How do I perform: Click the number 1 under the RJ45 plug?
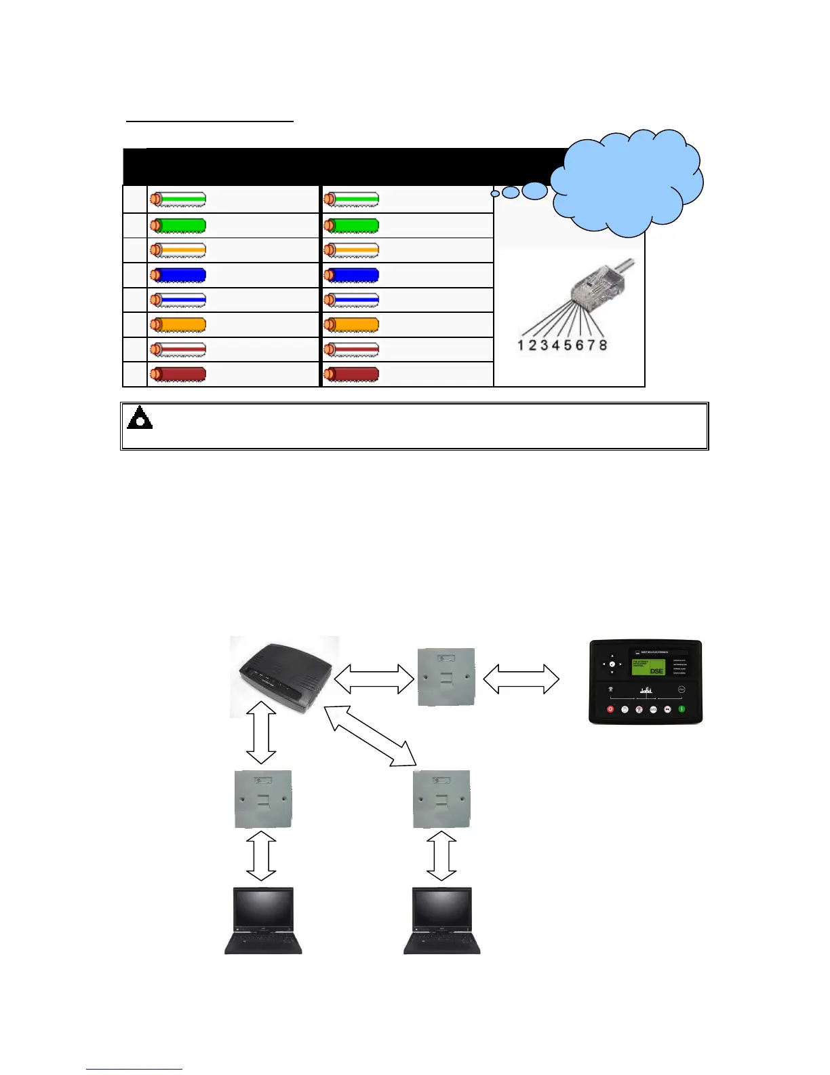[x=521, y=345]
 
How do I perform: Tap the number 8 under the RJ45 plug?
[x=602, y=345]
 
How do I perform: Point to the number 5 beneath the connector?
[x=568, y=345]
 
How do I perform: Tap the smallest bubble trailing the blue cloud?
[x=495, y=194]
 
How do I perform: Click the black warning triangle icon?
[x=140, y=418]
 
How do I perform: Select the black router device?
[x=285, y=676]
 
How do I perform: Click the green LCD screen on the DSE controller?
[x=648, y=666]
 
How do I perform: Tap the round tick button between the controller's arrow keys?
[x=612, y=664]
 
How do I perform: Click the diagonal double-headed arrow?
[x=370, y=736]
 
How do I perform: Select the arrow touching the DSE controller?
[x=521, y=679]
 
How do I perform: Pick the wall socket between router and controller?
[x=446, y=677]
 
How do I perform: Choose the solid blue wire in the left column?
[x=178, y=275]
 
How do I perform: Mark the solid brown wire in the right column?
[x=351, y=375]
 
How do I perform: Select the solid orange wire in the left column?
[x=178, y=325]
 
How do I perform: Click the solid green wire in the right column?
[x=351, y=225]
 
